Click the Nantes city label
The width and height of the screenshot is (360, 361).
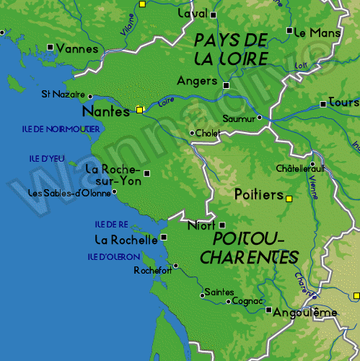[106, 111]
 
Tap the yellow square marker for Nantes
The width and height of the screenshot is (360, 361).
[139, 110]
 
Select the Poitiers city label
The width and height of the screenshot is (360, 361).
[258, 194]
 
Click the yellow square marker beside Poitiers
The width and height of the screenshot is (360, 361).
[289, 198]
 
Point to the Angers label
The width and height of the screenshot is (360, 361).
[197, 81]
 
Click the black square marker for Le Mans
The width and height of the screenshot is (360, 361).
[289, 31]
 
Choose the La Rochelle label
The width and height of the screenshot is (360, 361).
[126, 239]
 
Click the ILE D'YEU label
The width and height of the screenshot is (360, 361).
[48, 158]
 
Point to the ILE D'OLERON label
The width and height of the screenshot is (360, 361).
[114, 256]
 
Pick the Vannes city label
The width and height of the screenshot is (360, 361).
[76, 49]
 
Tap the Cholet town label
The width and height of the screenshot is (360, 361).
[208, 133]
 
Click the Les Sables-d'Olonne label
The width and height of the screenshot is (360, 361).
[69, 193]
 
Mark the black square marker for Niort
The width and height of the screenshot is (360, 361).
[222, 225]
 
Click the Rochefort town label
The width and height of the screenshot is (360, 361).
[153, 271]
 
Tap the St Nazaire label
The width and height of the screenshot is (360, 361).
[63, 94]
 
